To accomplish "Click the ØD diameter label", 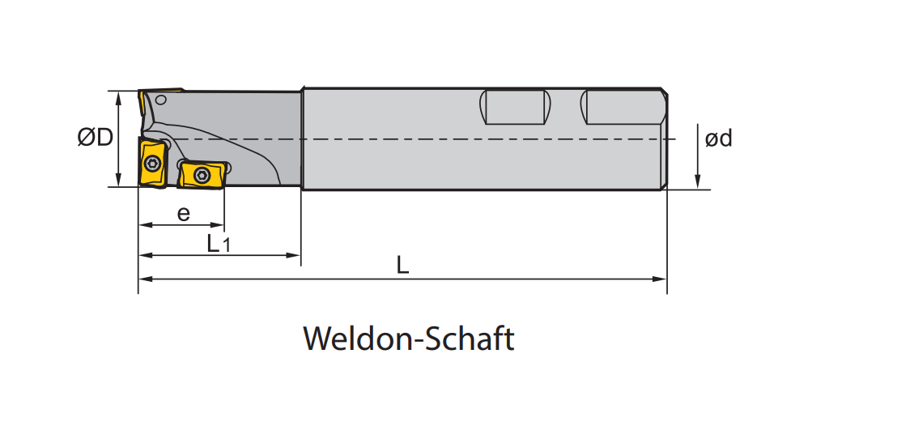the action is click(x=96, y=139).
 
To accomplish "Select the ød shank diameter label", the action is click(x=718, y=139).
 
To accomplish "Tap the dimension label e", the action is click(x=184, y=214).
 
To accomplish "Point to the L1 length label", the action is click(x=219, y=243).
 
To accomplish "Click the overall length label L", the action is click(x=402, y=266).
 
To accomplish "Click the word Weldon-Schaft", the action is click(x=409, y=339).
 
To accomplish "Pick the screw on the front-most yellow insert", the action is click(x=153, y=163).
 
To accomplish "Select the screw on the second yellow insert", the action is click(x=202, y=175).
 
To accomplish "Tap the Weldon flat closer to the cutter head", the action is click(x=516, y=107).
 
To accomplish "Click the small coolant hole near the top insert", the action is click(x=161, y=100).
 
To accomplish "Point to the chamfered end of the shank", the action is click(x=665, y=139).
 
